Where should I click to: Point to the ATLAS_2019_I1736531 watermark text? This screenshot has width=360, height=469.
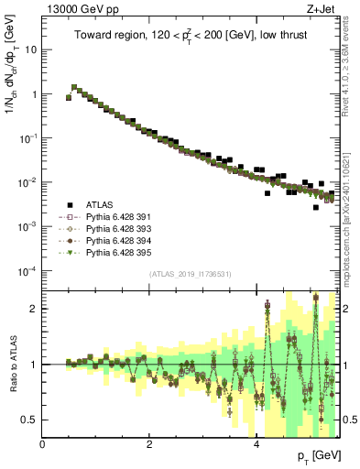191,274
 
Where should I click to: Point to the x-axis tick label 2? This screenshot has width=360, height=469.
149,444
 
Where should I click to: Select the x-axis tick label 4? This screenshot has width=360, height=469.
256,444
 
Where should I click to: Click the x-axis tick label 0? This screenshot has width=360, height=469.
43,444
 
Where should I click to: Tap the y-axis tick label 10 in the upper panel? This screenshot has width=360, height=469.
30,49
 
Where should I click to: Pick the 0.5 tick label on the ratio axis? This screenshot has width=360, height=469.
29,420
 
